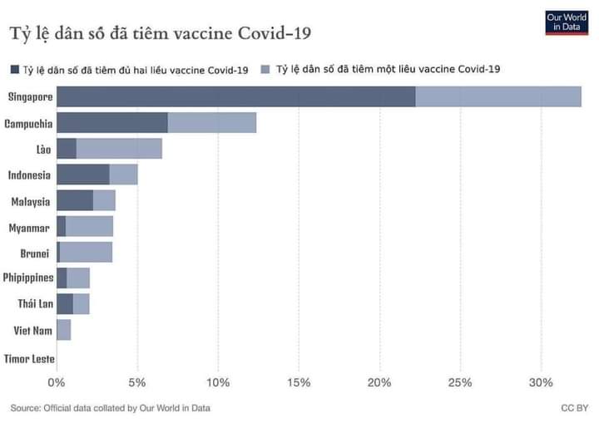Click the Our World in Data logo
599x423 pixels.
point(566,22)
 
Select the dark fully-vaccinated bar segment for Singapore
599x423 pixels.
point(236,96)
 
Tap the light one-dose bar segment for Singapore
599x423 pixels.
point(498,96)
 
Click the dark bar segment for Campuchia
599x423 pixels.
point(112,123)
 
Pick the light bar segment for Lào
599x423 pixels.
point(119,149)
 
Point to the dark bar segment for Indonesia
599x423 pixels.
point(83,175)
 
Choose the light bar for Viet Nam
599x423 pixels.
point(64,330)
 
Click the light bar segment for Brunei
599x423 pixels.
point(86,253)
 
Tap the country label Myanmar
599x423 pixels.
point(29,227)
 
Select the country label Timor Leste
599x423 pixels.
point(28,359)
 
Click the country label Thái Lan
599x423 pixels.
point(35,304)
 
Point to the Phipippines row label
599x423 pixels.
point(28,278)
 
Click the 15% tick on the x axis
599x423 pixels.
point(299,382)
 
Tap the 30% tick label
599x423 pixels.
point(541,382)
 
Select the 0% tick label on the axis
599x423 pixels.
point(56,382)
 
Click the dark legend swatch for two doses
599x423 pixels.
point(15,70)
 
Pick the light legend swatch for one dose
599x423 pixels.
point(266,70)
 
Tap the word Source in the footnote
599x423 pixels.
point(26,408)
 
